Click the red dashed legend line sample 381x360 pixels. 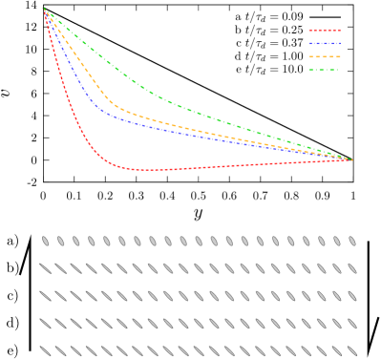325,31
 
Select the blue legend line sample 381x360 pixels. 325,43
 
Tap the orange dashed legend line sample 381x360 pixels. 325,56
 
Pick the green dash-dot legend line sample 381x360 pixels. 325,69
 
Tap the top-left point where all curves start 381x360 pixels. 44,9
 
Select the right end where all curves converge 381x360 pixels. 352,159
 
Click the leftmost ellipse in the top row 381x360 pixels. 45,242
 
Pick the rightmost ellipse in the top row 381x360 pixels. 351,242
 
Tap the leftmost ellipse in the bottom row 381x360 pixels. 45,350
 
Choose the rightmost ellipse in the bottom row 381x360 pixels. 351,350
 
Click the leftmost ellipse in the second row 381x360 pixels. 45,268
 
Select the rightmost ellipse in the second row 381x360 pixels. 351,268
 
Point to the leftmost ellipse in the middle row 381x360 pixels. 45,296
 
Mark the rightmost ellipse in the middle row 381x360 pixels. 351,296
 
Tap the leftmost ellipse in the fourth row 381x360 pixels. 45,324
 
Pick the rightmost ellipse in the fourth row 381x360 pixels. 351,324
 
